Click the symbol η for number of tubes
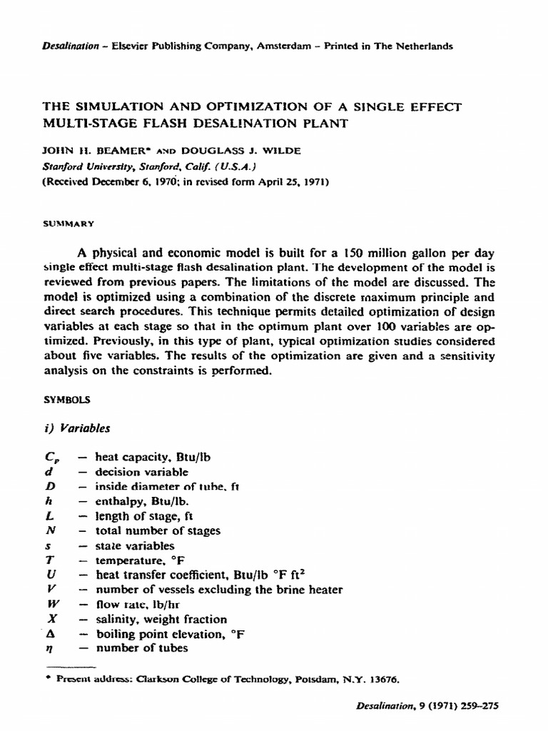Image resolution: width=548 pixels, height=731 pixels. (x=48, y=648)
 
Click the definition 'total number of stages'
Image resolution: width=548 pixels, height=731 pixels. (x=158, y=530)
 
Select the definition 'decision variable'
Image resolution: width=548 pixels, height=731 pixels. (x=141, y=472)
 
